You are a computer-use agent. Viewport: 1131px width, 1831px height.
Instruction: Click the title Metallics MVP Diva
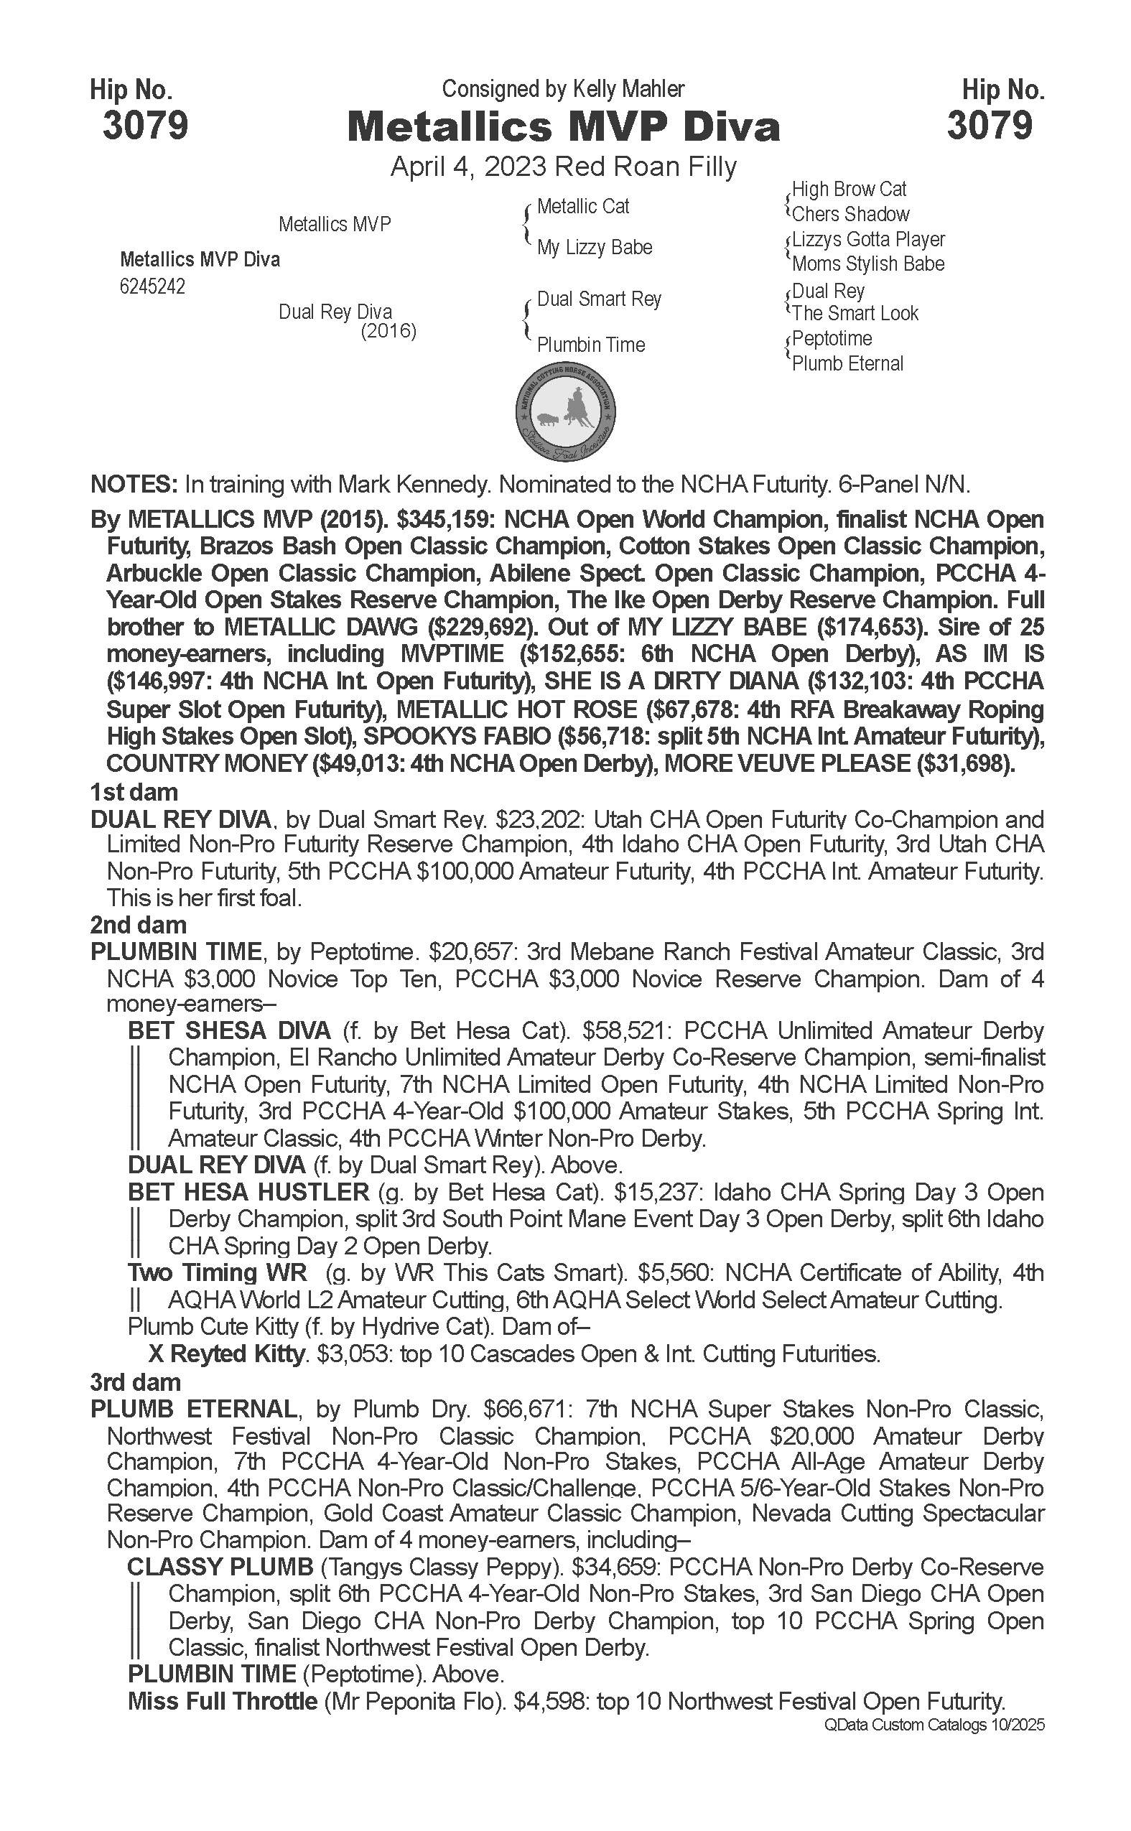(x=563, y=127)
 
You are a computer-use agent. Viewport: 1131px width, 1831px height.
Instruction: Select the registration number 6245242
(x=152, y=287)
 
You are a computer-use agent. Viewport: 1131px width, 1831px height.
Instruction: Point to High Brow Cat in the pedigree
(x=849, y=190)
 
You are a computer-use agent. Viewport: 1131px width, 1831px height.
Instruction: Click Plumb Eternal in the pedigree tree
(x=847, y=363)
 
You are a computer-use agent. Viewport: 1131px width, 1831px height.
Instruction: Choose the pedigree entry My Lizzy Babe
(x=594, y=248)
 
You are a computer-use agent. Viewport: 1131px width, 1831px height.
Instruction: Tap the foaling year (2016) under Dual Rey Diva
(x=388, y=330)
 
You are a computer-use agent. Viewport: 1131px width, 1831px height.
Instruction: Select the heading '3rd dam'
(x=136, y=1382)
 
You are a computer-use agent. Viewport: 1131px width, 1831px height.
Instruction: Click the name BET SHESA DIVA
(x=229, y=1030)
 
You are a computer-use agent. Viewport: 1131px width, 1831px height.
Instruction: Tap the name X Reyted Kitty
(x=228, y=1354)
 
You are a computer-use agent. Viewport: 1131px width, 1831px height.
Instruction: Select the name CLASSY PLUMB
(x=220, y=1567)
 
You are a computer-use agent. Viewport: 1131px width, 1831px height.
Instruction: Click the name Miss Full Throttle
(x=222, y=1702)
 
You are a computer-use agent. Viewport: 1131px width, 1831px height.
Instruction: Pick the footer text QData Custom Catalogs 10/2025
(x=933, y=1725)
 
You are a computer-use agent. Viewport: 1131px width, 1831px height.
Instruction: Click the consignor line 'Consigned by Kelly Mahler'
(x=562, y=89)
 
